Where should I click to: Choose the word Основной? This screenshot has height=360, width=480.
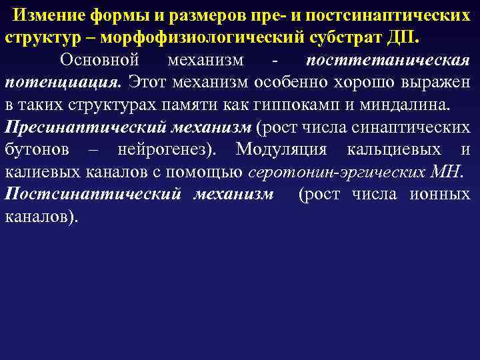point(99,60)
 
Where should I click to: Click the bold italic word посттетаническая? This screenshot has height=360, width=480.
point(388,60)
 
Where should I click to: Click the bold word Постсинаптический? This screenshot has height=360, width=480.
point(92,195)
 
